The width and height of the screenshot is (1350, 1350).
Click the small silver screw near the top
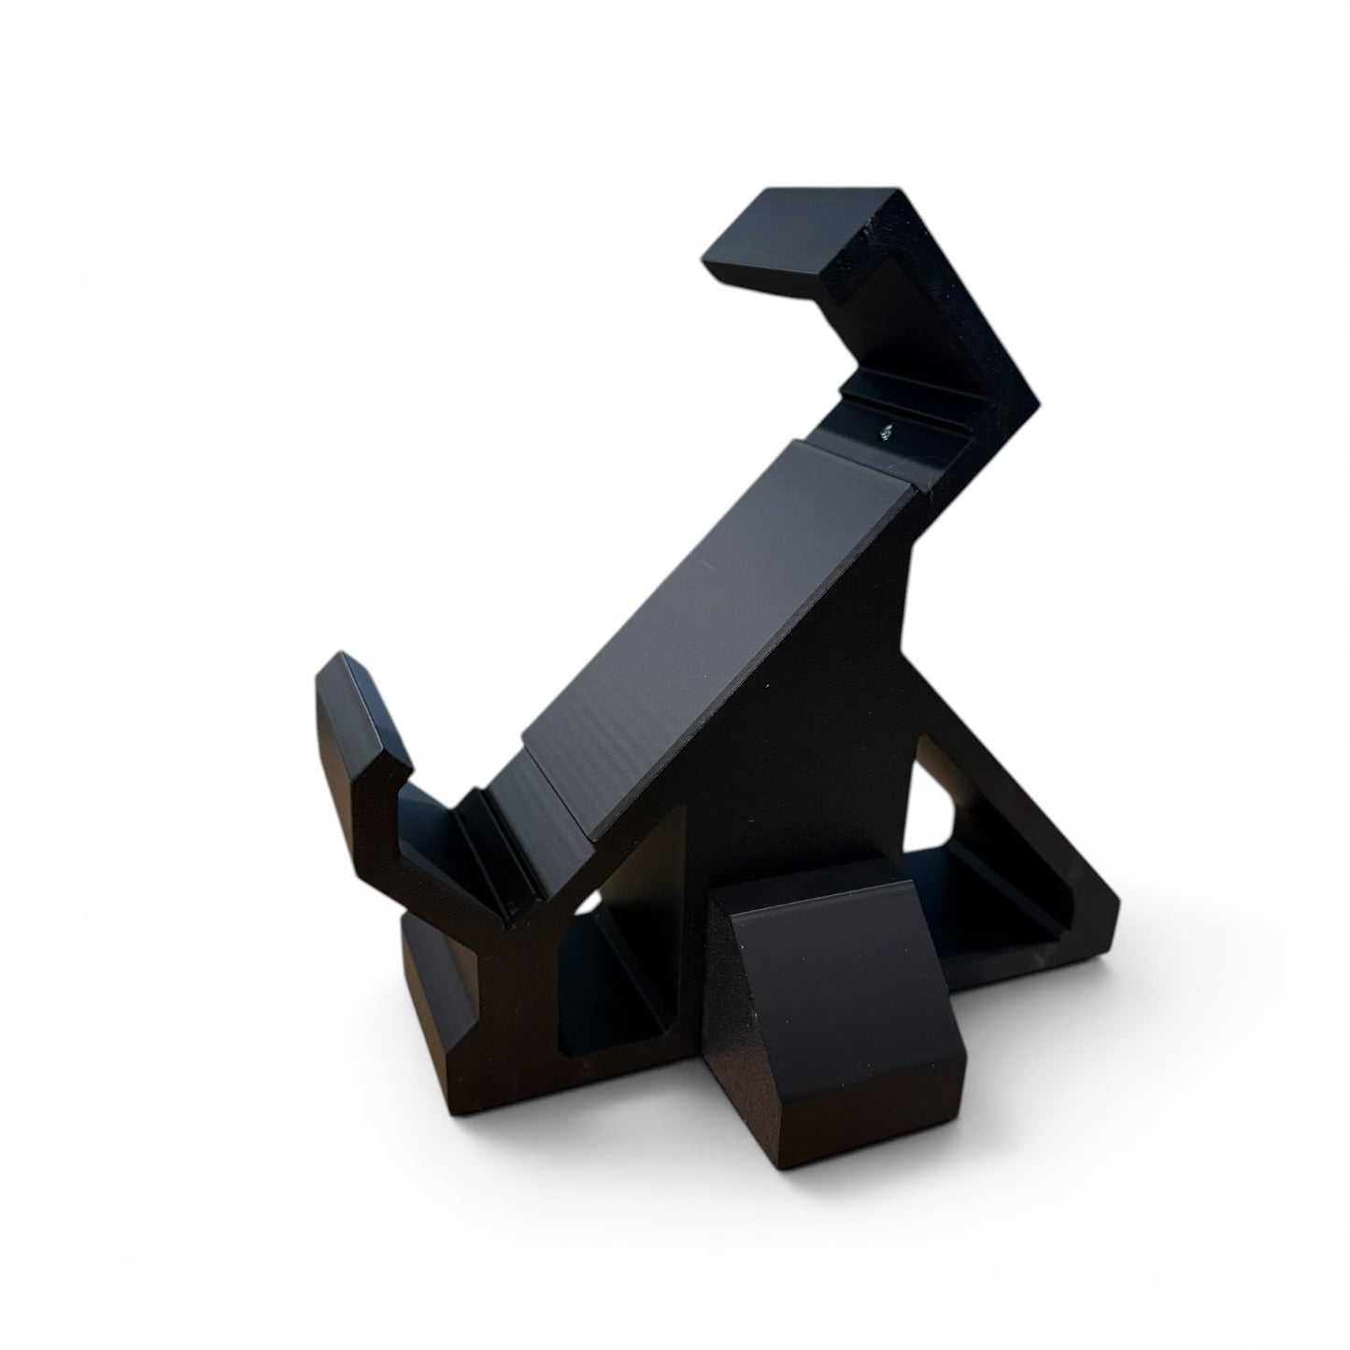(x=886, y=431)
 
